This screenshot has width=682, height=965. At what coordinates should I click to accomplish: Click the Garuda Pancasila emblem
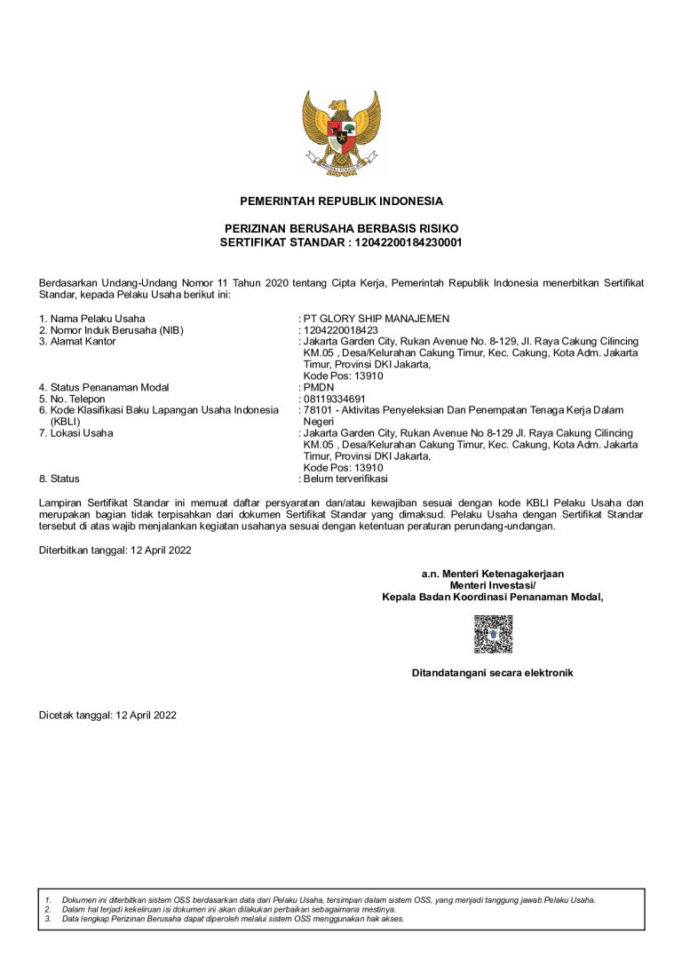(x=341, y=133)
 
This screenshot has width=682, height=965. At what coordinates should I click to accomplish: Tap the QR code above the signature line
(x=492, y=634)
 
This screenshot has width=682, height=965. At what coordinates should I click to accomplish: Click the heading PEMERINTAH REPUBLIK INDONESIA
(x=341, y=202)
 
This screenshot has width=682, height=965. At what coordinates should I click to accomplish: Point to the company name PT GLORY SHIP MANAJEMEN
(x=377, y=319)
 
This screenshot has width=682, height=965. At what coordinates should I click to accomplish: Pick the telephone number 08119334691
(x=334, y=399)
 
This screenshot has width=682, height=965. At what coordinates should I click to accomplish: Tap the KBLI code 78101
(x=318, y=410)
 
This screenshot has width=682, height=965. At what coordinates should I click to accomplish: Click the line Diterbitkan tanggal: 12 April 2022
(x=115, y=550)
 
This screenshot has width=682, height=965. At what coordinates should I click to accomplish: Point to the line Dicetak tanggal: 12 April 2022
(x=107, y=715)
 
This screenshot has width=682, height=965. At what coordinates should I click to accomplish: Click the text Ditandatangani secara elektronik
(x=492, y=673)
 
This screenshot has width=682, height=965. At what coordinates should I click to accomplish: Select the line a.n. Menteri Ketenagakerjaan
(x=492, y=574)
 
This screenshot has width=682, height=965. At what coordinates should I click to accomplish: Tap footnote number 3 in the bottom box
(x=47, y=919)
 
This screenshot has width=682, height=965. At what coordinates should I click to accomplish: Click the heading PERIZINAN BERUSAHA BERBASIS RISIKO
(x=341, y=229)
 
